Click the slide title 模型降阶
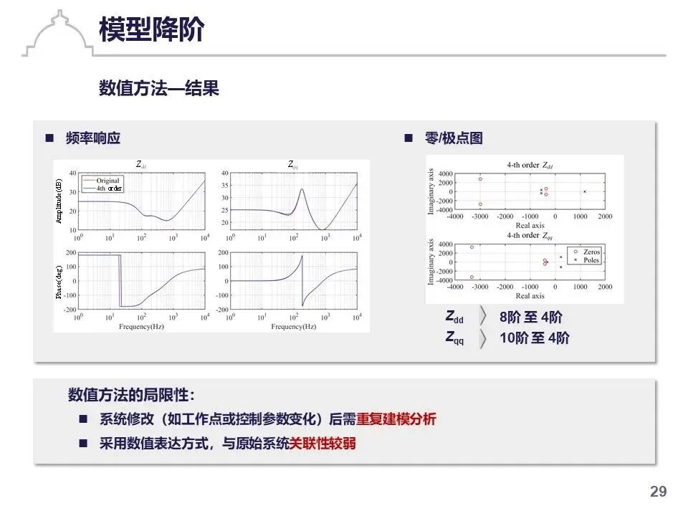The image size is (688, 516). coord(151,31)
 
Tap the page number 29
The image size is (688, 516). coord(658,492)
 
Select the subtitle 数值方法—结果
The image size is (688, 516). coord(158,89)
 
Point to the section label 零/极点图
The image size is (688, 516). coord(453,138)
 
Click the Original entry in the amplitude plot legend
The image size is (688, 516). coord(108,181)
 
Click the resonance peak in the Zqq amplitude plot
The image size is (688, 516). coord(302,190)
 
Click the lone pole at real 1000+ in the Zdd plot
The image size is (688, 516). coord(584,191)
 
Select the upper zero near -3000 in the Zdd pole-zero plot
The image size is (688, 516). coord(480,179)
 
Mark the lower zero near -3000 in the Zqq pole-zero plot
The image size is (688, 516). coord(472,277)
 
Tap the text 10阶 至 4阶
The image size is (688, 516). coord(534,338)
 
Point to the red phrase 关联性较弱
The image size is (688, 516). coord(322,444)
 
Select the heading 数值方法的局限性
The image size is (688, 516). coord(130,395)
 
